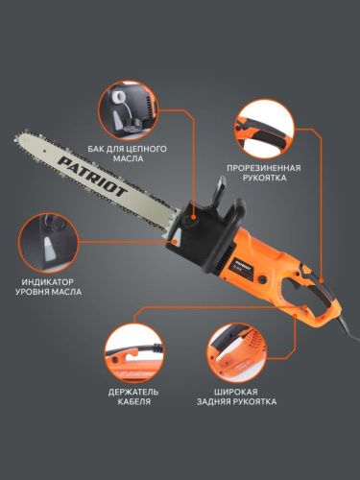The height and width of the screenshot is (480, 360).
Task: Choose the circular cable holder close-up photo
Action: point(132,350)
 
